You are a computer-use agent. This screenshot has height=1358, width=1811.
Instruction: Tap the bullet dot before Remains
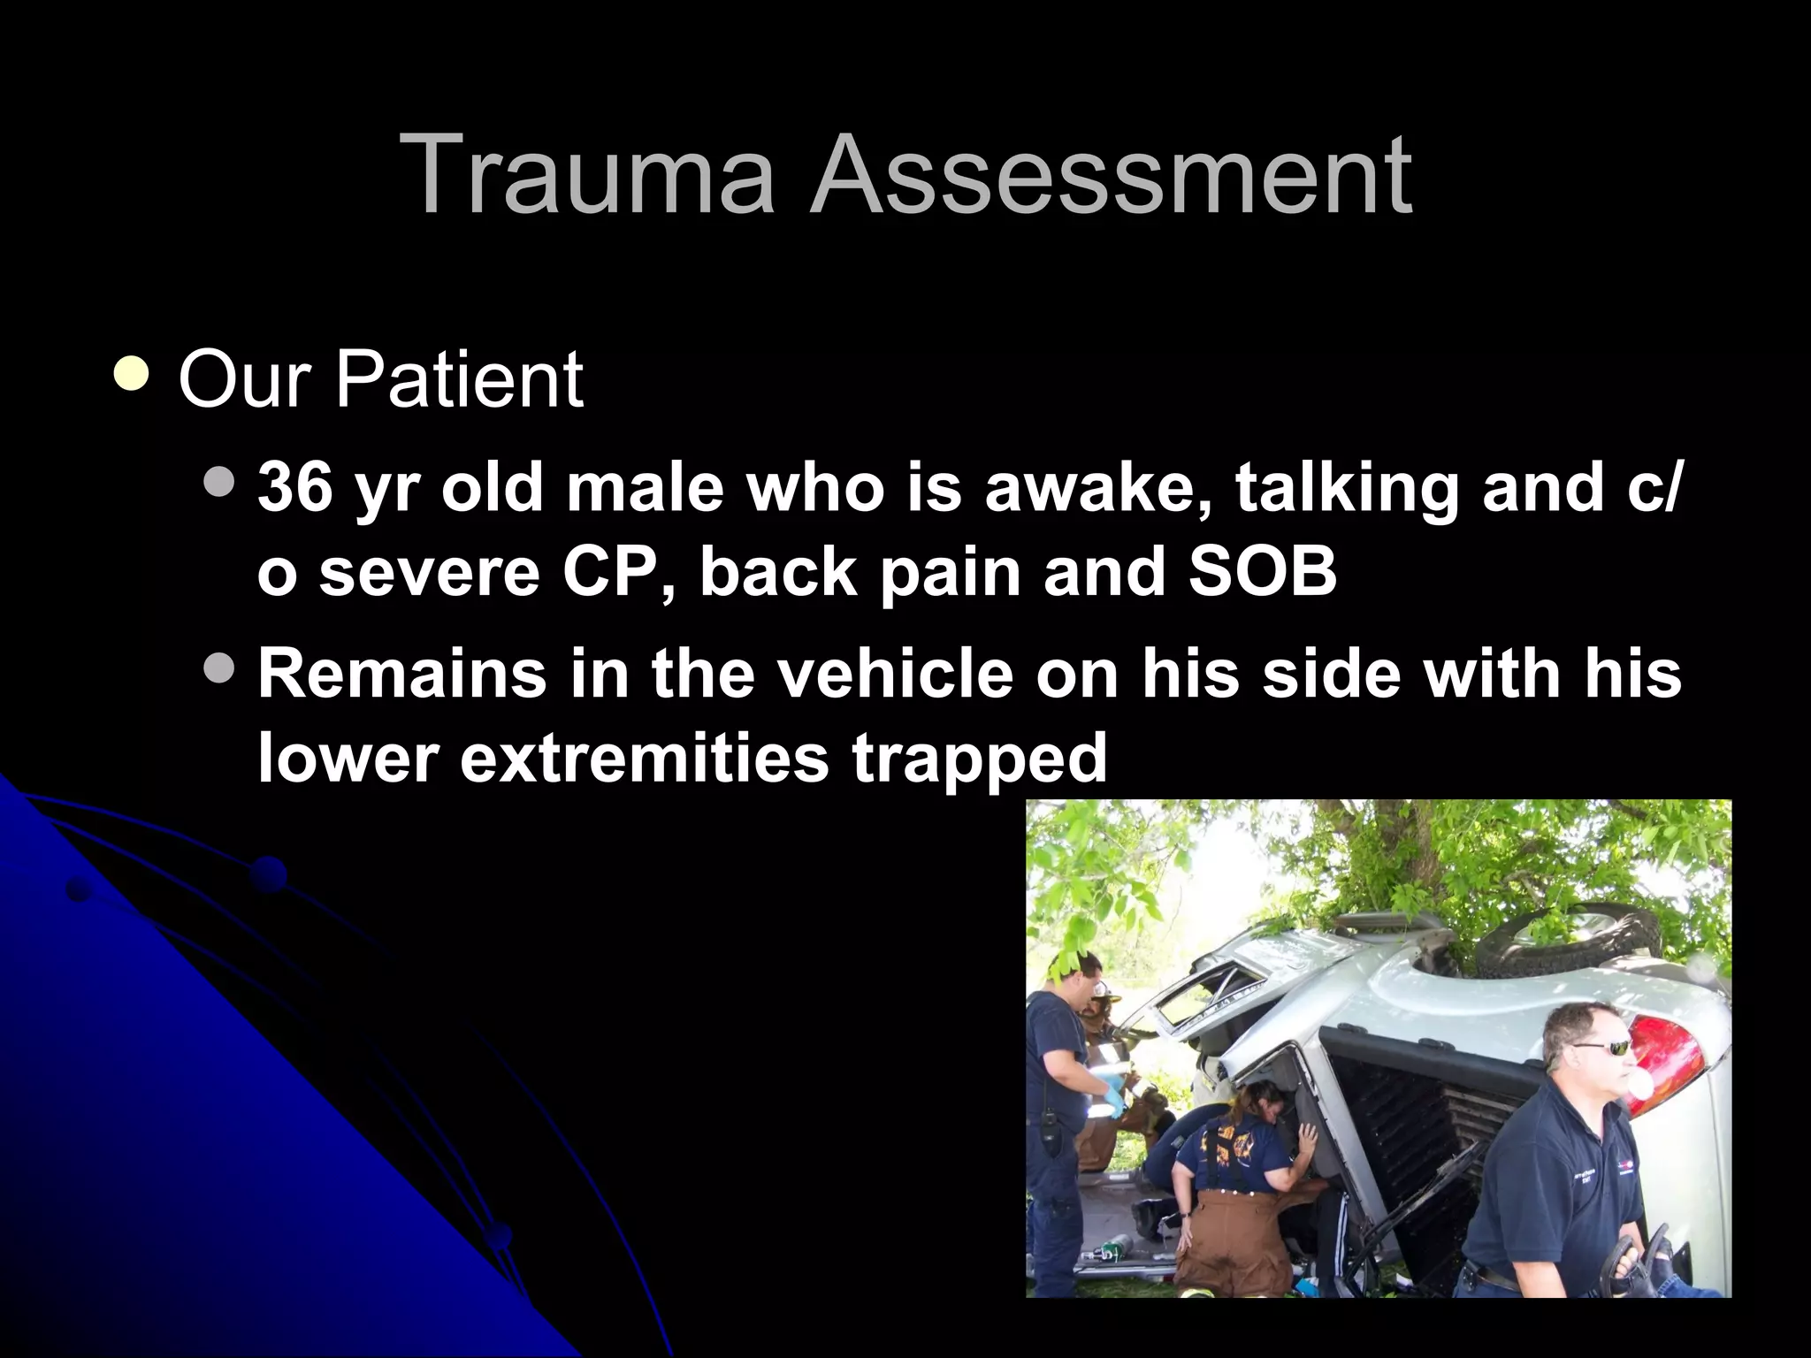(x=218, y=668)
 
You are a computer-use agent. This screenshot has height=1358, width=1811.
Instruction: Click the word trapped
(x=979, y=759)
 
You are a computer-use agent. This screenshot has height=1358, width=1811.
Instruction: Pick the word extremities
(x=644, y=759)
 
